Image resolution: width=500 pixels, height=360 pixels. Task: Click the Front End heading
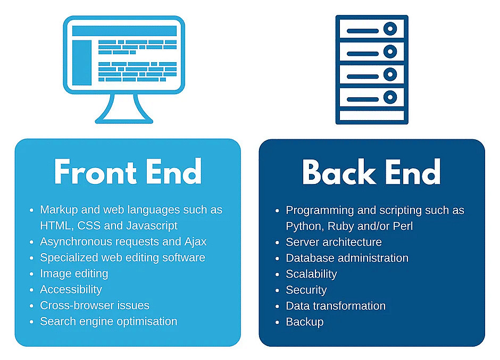128,172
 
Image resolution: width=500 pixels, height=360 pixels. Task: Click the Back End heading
371,172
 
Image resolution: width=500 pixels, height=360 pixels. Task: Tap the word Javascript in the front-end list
152,226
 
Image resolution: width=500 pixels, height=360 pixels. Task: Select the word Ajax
195,242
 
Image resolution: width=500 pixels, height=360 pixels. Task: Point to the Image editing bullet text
74,273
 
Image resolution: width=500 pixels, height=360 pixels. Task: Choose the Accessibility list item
71,289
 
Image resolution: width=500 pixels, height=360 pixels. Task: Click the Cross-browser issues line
95,305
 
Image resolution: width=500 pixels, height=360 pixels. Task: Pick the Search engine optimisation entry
109,321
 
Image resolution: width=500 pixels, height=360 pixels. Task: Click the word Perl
403,226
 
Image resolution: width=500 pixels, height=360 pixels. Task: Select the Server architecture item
334,242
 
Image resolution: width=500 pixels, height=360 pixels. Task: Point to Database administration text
347,258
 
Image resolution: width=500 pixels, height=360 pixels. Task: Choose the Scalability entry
311,274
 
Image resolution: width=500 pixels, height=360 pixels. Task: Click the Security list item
306,290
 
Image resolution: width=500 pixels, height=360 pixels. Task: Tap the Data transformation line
336,306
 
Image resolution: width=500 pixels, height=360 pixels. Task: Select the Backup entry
305,322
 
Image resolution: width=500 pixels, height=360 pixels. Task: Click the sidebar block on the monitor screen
82,63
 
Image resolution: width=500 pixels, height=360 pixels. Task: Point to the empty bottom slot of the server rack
372,115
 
